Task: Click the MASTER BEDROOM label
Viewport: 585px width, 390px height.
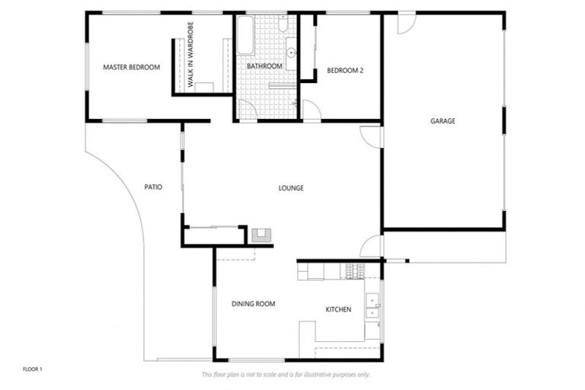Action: coord(131,67)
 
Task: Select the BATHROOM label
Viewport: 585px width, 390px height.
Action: coord(264,67)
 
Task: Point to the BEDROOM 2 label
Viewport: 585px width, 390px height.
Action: coord(345,71)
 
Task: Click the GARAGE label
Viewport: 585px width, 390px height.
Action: coord(443,121)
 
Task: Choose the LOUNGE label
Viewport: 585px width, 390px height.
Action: coord(291,187)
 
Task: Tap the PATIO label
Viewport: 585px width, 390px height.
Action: coord(153,187)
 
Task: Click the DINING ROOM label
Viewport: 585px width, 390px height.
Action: coord(253,304)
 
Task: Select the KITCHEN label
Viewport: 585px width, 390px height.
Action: coord(338,310)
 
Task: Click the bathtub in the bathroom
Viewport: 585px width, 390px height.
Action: coord(245,36)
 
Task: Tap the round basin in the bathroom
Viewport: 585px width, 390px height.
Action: coord(292,53)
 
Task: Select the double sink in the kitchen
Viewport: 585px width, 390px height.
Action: coord(372,305)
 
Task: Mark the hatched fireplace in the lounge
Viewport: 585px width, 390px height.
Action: coord(261,235)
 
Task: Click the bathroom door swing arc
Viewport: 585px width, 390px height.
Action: coord(248,110)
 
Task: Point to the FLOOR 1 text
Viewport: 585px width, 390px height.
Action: coord(33,369)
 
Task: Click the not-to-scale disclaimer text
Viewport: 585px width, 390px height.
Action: coord(286,375)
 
